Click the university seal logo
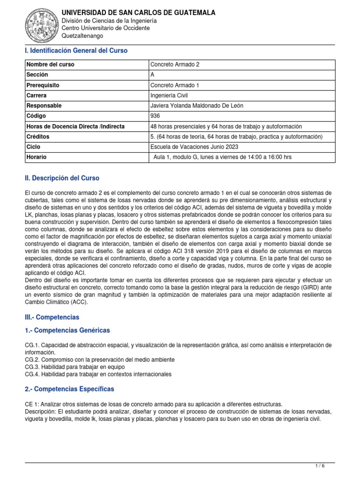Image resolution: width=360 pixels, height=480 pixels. point(42,23)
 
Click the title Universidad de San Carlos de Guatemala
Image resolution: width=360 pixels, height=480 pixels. point(139,13)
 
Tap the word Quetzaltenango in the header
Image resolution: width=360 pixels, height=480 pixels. point(82,36)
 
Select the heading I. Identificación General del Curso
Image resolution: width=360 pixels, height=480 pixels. point(76,51)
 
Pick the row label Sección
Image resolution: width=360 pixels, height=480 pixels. point(37,75)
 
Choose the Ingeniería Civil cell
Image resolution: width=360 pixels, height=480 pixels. point(169,96)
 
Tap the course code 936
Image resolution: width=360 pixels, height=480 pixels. point(155,116)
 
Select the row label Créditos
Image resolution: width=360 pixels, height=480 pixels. point(38,137)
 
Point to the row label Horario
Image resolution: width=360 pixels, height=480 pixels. point(37,157)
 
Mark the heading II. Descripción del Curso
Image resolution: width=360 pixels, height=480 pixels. point(62,179)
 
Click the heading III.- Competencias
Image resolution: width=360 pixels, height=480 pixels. point(52,317)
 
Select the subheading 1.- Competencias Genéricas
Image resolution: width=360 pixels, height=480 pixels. point(67,330)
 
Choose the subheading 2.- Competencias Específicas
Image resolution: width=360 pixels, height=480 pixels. point(69,389)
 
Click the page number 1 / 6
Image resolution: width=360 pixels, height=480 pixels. point(320,465)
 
